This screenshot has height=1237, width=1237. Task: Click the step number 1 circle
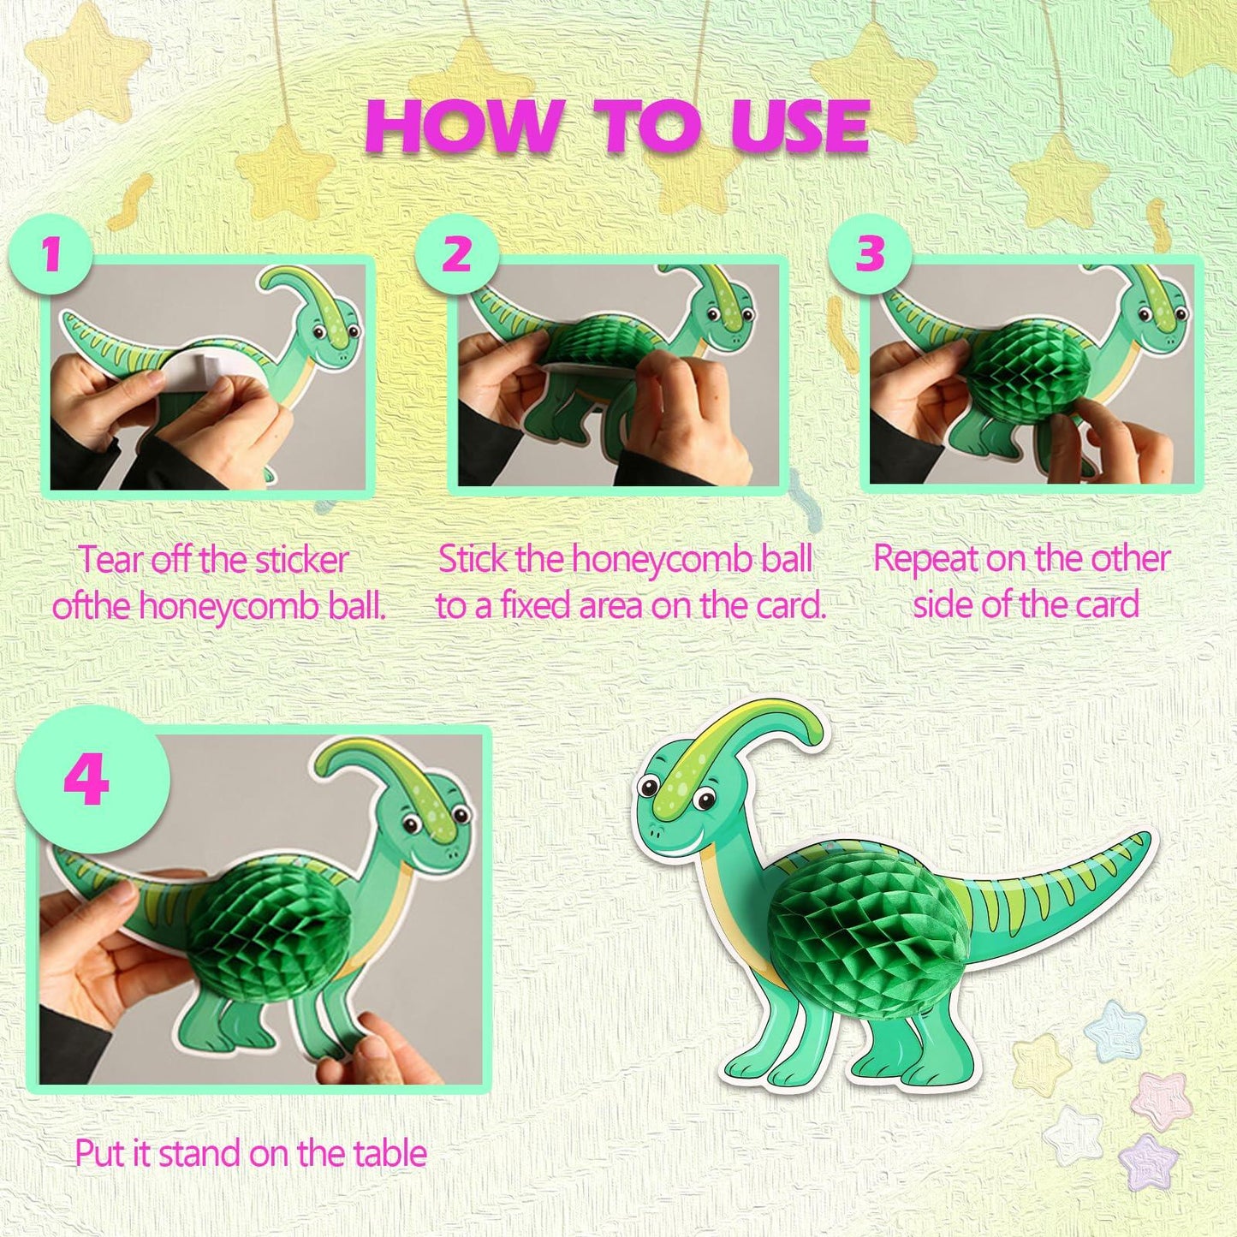pyautogui.click(x=51, y=253)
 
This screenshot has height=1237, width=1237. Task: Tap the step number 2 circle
pyautogui.click(x=457, y=253)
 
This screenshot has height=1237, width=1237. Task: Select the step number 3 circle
pyautogui.click(x=870, y=253)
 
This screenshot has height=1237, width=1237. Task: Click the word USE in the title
pyautogui.click(x=800, y=127)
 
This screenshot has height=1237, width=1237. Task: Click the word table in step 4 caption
pyautogui.click(x=390, y=1153)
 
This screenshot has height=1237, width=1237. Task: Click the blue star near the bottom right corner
pyautogui.click(x=1114, y=1031)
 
